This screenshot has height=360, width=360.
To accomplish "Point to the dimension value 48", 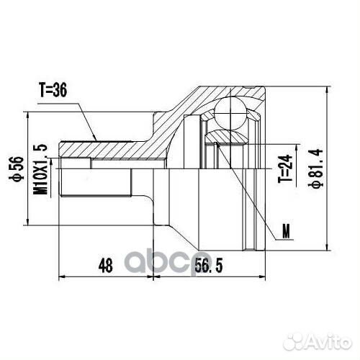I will [x=105, y=265].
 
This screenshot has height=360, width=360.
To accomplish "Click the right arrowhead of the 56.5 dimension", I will [x=266, y=276].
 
